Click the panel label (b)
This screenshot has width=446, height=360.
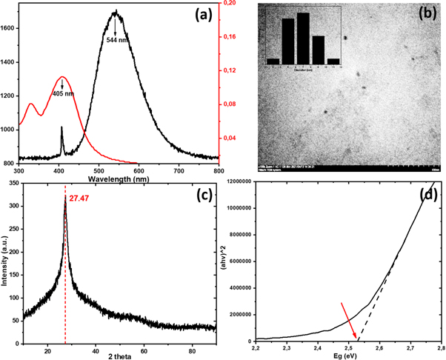coord(427,14)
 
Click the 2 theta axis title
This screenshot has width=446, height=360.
coord(118,355)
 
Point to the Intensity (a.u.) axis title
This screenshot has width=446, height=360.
coord(7,259)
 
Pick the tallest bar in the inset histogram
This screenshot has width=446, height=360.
coord(302,37)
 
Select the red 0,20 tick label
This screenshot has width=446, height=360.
coord(231,4)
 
